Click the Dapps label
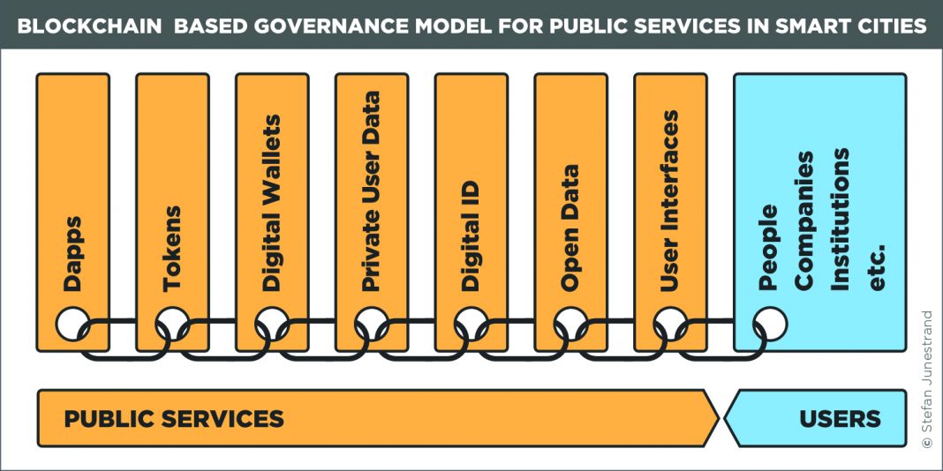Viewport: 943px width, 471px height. [72, 254]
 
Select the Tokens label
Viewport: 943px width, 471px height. [172, 249]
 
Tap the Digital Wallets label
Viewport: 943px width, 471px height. [272, 203]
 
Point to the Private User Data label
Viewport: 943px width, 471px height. [372, 191]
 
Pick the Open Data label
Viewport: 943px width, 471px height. [570, 228]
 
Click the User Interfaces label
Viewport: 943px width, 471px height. [670, 201]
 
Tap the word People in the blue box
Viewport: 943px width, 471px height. [769, 248]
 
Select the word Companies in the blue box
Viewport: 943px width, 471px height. [804, 221]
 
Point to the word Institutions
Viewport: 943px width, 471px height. [840, 219]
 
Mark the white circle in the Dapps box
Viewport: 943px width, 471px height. [72, 324]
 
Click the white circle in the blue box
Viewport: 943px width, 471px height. [770, 324]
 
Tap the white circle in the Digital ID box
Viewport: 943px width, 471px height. [471, 324]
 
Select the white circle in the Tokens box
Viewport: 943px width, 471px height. [172, 324]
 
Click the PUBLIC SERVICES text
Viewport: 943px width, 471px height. [174, 419]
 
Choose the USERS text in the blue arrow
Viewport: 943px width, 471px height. [841, 419]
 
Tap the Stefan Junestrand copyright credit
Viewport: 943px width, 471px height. [927, 379]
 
